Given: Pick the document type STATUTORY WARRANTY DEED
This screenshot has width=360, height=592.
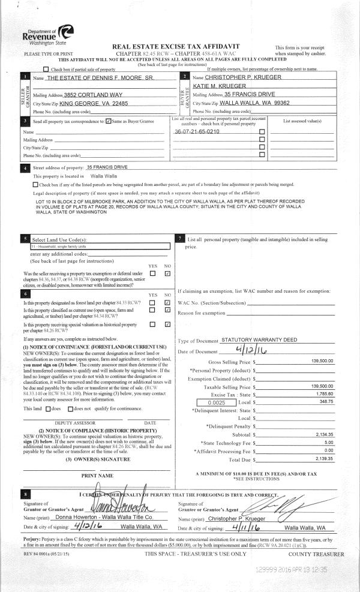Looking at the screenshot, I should coord(259,340).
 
